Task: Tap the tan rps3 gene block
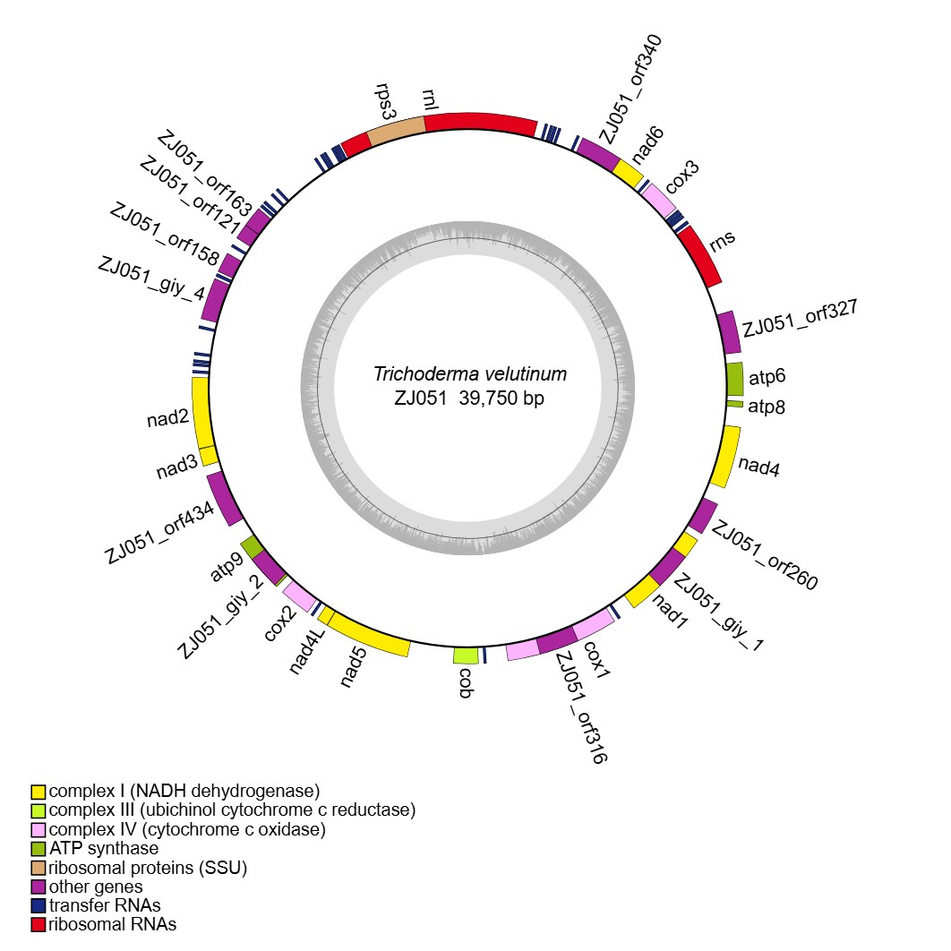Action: coord(396,132)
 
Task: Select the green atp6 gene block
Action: coord(734,379)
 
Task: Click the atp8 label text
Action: coord(767,407)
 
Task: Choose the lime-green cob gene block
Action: coord(466,656)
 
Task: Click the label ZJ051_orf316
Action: coord(580,707)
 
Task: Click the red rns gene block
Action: coord(700,255)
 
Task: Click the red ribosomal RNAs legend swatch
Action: coord(38,924)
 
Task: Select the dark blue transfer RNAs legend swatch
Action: coord(38,905)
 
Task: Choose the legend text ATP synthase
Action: coord(104,848)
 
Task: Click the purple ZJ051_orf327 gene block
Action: coord(730,332)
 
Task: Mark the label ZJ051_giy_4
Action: coord(151,278)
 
